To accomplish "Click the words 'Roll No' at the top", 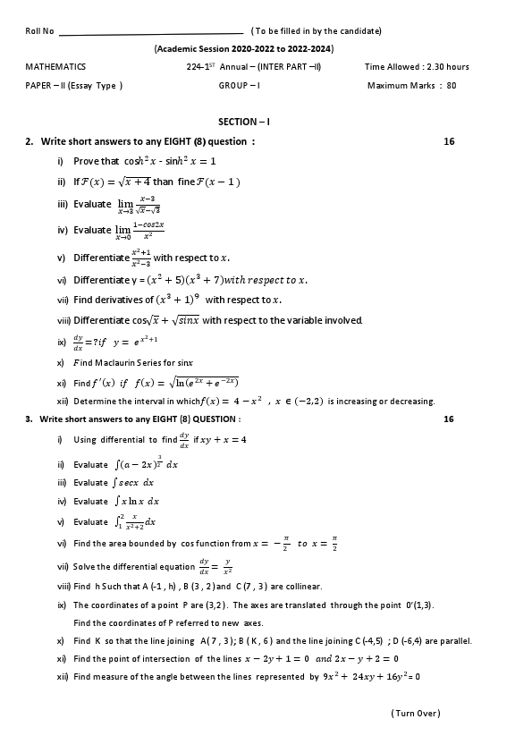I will pos(39,31).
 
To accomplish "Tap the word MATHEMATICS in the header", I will pos(55,67).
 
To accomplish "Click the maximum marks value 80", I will pos(451,86).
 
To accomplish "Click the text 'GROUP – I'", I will pos(239,86).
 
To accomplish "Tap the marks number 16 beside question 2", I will pos(449,141).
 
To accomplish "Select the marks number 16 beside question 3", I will pos(449,419).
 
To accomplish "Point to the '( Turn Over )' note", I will pos(416,713).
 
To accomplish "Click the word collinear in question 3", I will pos(304,587).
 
